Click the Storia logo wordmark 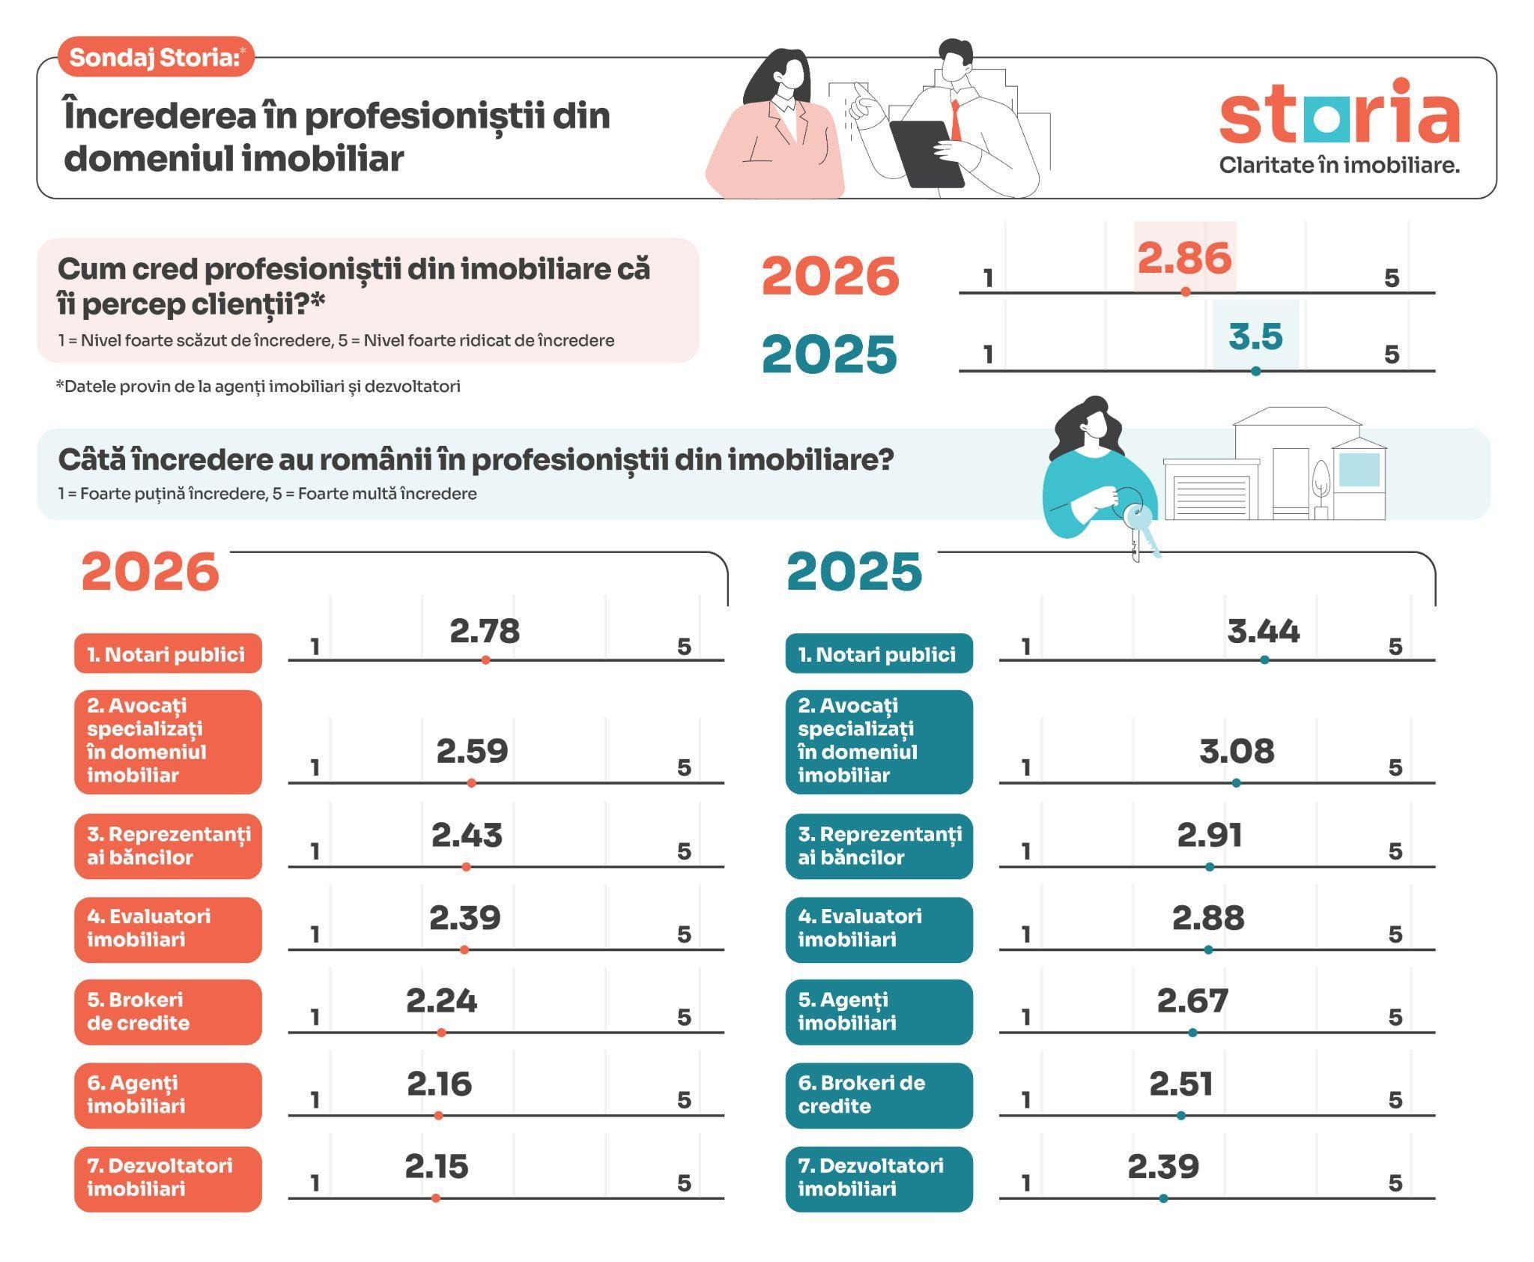click(x=1339, y=112)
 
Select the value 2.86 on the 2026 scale click(x=1184, y=258)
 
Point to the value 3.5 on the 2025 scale click(x=1256, y=336)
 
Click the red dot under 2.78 click(x=486, y=660)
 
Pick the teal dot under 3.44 click(x=1264, y=660)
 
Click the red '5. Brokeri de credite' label click(x=168, y=1012)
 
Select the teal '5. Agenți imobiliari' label click(x=879, y=1012)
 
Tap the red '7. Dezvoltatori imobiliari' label click(x=168, y=1178)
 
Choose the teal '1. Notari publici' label click(x=879, y=653)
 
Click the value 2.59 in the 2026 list click(x=472, y=751)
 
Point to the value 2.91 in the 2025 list click(x=1210, y=835)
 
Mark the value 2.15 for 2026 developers click(x=437, y=1166)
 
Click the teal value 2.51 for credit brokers click(x=1181, y=1084)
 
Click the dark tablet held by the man click(x=927, y=154)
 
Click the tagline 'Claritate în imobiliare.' click(x=1339, y=165)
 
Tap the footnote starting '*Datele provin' click(x=258, y=387)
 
